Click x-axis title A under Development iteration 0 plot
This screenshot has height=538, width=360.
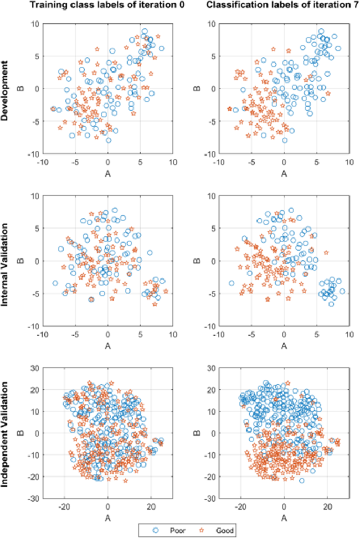point(108,171)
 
